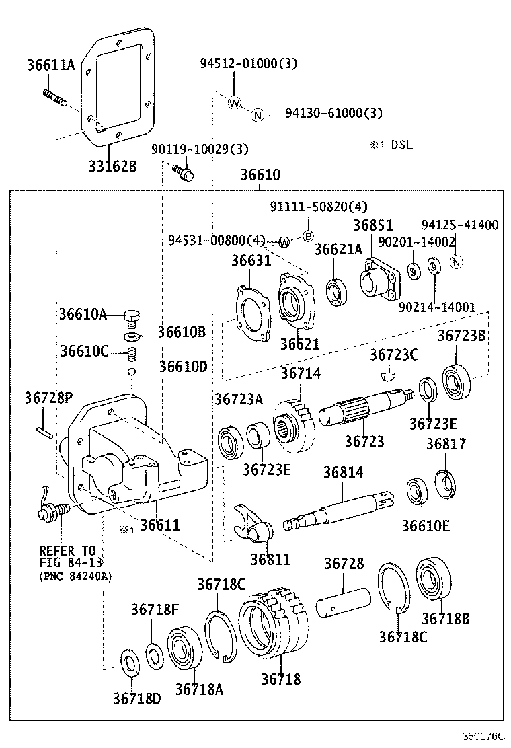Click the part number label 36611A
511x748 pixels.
pyautogui.click(x=51, y=65)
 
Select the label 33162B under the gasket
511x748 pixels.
pyautogui.click(x=112, y=164)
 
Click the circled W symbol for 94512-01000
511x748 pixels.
pyautogui.click(x=234, y=103)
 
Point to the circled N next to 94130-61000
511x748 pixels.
pyautogui.click(x=257, y=114)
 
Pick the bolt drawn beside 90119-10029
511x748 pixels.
pyautogui.click(x=184, y=172)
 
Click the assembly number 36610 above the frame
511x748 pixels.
pyautogui.click(x=260, y=175)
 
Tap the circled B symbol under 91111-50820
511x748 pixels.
pyautogui.click(x=308, y=235)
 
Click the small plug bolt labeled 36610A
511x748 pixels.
pyautogui.click(x=132, y=314)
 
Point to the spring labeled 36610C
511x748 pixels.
pyautogui.click(x=132, y=352)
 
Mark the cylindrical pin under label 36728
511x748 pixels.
pyautogui.click(x=343, y=601)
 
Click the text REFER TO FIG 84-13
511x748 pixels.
pyautogui.click(x=67, y=556)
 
